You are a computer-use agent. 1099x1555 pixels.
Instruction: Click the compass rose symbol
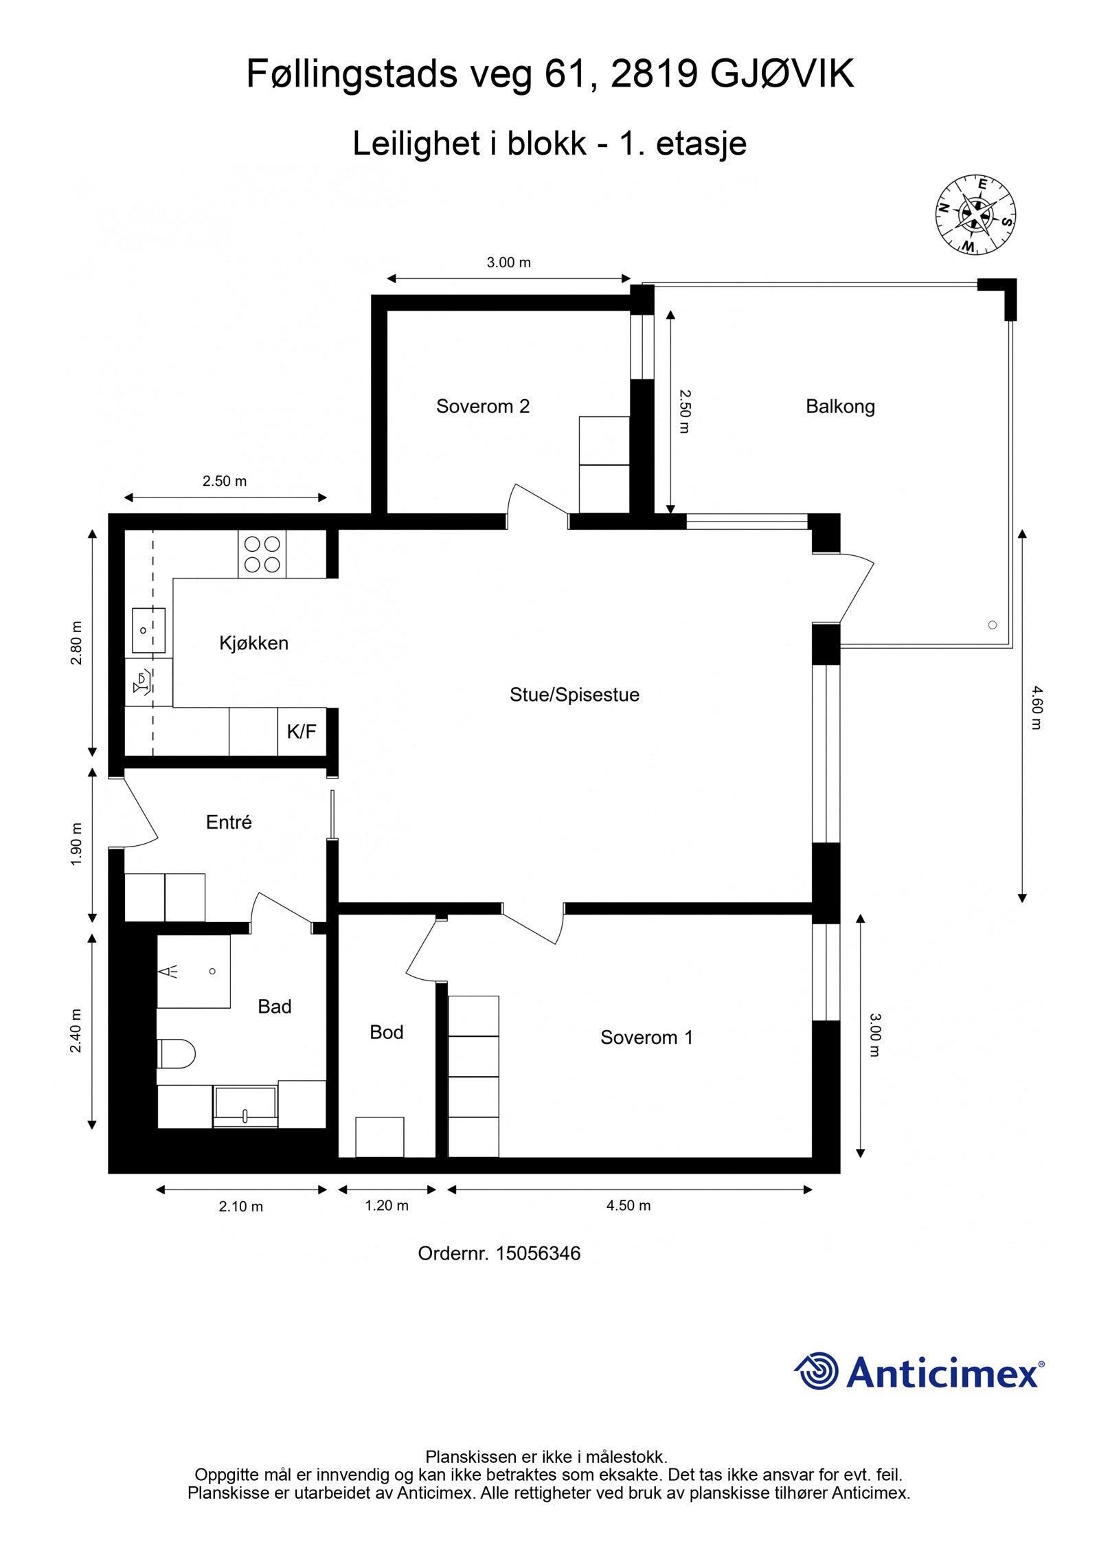(975, 214)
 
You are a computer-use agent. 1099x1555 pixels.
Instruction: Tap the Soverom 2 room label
(483, 406)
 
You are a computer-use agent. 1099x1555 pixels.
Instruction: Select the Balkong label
(840, 406)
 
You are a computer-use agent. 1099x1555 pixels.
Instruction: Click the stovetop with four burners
(262, 554)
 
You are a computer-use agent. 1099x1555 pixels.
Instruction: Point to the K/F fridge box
(302, 732)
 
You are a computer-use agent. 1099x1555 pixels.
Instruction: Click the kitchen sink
(148, 629)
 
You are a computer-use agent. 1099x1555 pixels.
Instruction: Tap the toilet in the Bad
(177, 1053)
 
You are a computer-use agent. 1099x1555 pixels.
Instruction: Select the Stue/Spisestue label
(574, 695)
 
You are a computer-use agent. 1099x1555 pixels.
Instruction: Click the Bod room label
(386, 1032)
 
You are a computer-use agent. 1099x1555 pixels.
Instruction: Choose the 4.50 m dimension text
(628, 1205)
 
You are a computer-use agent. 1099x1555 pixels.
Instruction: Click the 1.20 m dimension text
(387, 1205)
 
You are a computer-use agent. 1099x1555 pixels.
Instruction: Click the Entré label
(229, 822)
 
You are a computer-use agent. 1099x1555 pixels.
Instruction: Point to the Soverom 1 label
(646, 1038)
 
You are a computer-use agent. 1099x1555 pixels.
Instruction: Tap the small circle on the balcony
(992, 625)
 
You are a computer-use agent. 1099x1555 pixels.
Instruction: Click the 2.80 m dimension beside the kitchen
(76, 642)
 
